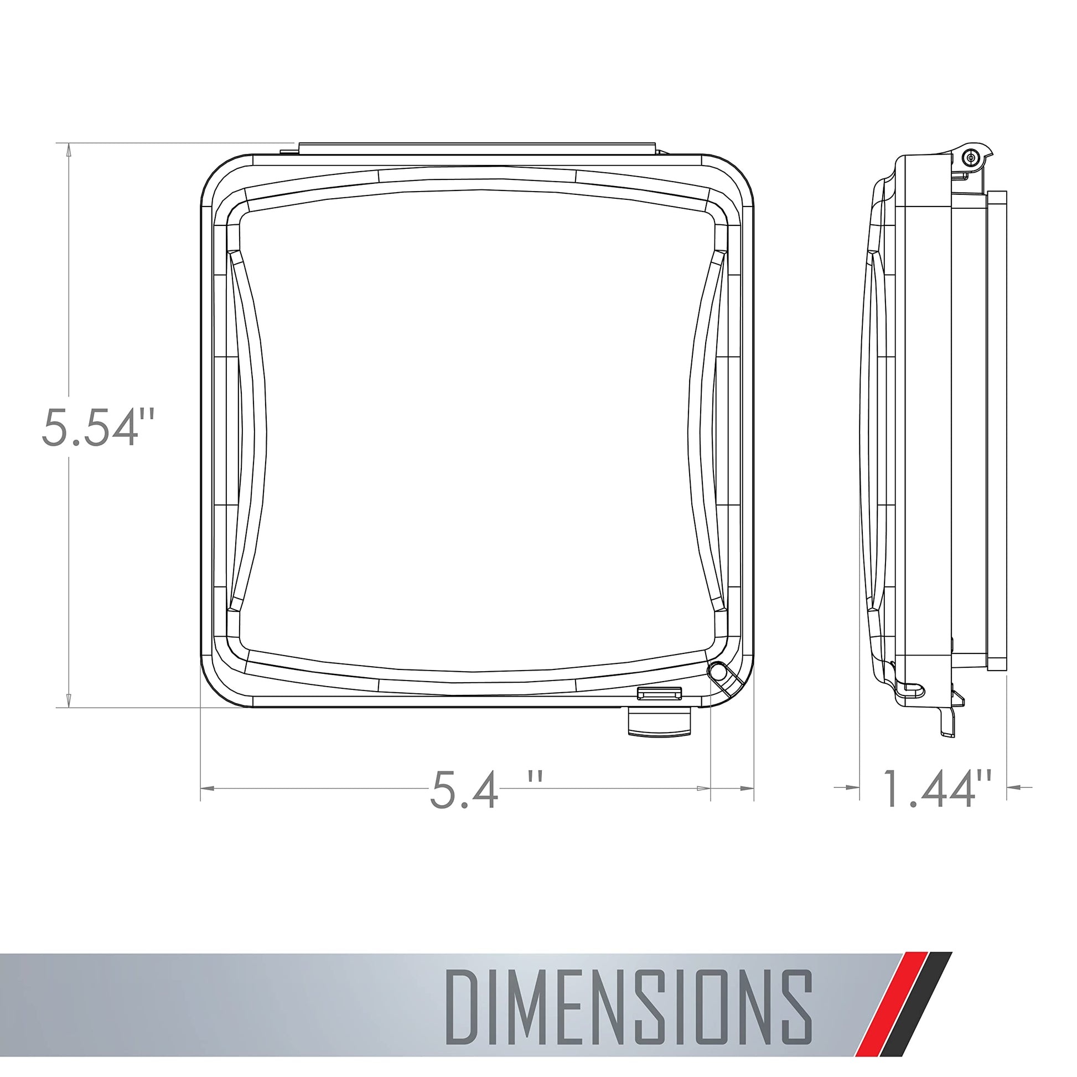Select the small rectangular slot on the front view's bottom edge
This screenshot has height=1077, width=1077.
point(660,693)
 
